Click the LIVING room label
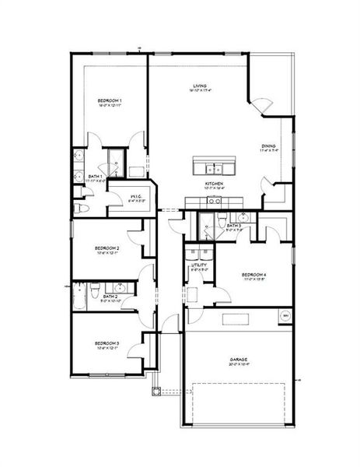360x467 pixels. click(201, 86)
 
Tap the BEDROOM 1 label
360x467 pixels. click(110, 101)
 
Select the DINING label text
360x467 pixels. click(269, 146)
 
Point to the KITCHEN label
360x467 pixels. click(214, 184)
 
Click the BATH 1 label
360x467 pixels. click(95, 177)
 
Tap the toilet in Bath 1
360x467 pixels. click(80, 209)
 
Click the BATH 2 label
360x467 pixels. click(110, 297)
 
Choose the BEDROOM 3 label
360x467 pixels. click(107, 342)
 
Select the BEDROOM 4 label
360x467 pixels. click(254, 275)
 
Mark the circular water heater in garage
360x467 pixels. click(285, 315)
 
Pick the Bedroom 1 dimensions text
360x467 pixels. click(110, 106)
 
